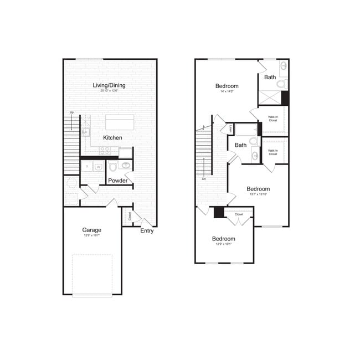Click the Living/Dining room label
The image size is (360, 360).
[109, 85]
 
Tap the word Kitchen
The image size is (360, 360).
[112, 137]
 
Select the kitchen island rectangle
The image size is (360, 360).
[120, 122]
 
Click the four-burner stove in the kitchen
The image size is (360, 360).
[105, 150]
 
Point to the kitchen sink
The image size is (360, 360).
[86, 132]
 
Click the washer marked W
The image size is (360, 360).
[99, 167]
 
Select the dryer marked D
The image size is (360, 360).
[86, 166]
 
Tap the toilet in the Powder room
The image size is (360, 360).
[114, 166]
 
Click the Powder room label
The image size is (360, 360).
[117, 181]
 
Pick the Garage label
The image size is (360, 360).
[92, 230]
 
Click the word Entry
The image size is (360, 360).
[147, 231]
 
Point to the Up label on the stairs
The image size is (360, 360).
[71, 113]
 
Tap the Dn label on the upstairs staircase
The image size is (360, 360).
[204, 178]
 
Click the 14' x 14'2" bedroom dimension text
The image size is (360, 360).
[227, 92]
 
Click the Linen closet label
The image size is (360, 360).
[230, 129]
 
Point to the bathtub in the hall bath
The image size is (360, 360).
[245, 130]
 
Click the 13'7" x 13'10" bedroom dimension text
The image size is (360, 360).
[258, 194]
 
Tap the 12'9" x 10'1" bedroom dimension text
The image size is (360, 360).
[223, 245]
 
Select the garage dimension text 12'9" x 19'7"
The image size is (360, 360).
[92, 235]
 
